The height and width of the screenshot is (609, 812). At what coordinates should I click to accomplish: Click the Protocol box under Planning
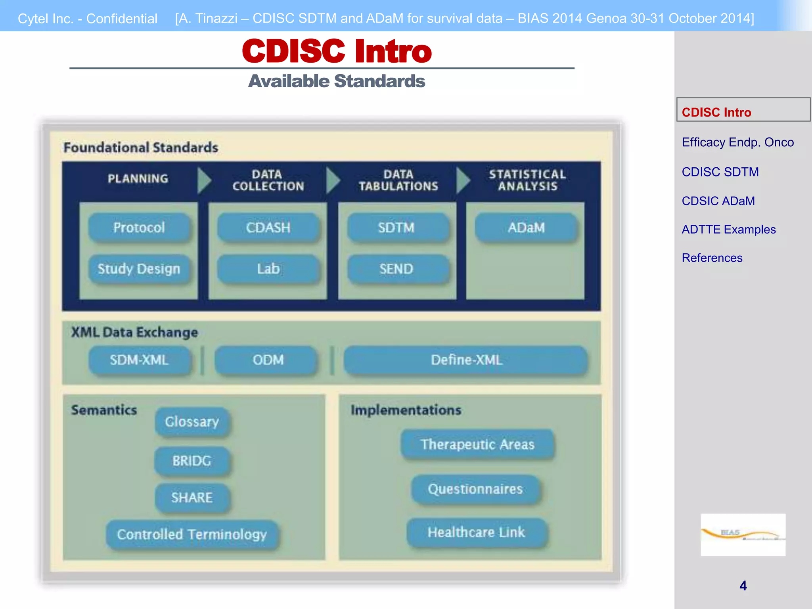(x=139, y=228)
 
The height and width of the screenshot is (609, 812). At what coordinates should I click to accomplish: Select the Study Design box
(x=139, y=269)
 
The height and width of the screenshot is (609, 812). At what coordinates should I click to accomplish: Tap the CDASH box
(x=268, y=228)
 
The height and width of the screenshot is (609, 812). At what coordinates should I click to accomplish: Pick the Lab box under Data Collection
(x=268, y=269)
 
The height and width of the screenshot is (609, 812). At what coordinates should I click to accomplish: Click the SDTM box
(x=396, y=228)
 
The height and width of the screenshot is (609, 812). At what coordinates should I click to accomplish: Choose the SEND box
(x=396, y=269)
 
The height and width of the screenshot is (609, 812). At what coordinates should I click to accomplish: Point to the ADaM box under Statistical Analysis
(x=526, y=228)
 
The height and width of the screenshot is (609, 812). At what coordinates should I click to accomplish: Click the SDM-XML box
(x=139, y=360)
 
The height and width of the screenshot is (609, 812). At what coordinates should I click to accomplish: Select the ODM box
(x=268, y=360)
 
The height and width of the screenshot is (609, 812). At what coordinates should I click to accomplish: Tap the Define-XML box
(x=466, y=360)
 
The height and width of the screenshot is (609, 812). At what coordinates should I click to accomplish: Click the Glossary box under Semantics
(x=192, y=421)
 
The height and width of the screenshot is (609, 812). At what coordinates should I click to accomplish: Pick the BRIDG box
(x=192, y=461)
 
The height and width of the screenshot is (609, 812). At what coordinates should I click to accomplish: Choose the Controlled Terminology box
(x=192, y=534)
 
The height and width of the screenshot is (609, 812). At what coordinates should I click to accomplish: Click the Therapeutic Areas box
(x=477, y=444)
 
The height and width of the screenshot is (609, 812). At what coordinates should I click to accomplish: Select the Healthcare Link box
(x=476, y=532)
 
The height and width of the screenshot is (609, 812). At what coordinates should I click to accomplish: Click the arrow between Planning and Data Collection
(x=204, y=180)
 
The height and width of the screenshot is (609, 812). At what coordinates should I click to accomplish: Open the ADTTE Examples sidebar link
(x=728, y=230)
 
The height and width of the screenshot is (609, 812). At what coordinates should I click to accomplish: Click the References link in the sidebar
(x=712, y=258)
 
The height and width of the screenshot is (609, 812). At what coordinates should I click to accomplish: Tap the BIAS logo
(x=743, y=534)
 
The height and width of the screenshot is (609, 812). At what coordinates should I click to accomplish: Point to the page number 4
(x=743, y=586)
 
